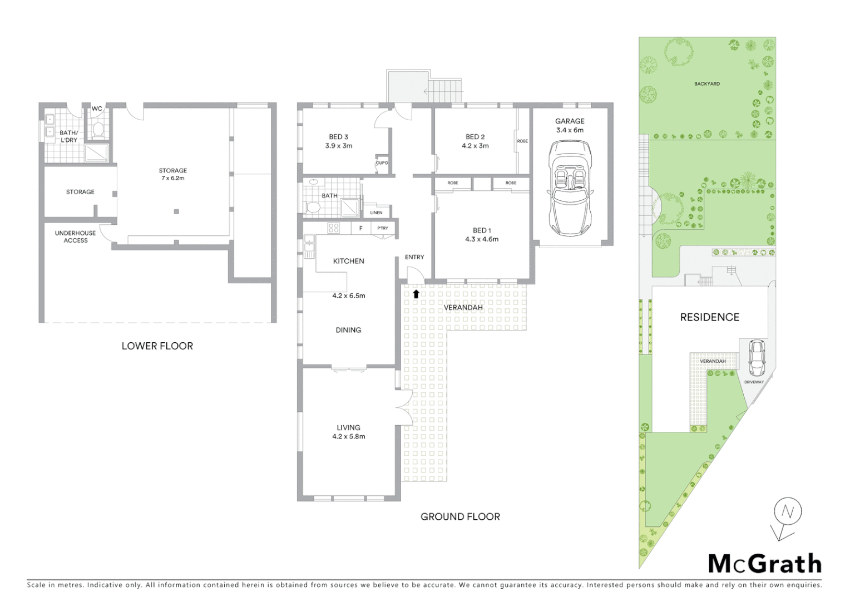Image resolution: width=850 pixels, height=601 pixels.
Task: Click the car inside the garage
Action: click(570, 189)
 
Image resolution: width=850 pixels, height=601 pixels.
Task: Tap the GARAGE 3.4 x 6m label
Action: click(570, 125)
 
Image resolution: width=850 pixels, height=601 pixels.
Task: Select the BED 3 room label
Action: click(338, 141)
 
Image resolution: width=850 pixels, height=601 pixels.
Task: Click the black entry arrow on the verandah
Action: click(416, 294)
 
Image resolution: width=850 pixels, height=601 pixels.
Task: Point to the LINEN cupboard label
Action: click(376, 213)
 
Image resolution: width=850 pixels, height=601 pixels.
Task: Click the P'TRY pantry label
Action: click(382, 228)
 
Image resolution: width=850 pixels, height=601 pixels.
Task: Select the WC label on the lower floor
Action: click(97, 109)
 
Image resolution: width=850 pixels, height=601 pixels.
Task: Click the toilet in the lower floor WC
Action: click(98, 130)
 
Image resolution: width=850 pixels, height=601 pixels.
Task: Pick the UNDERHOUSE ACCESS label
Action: click(76, 237)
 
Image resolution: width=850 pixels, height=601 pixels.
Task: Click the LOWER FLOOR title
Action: click(157, 346)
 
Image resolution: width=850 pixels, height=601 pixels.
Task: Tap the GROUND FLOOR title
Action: click(460, 516)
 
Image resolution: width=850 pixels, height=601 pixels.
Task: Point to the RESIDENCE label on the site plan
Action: click(709, 317)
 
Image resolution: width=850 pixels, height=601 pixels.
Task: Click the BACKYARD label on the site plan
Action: click(706, 84)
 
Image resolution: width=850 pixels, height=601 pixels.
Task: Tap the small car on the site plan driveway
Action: click(756, 357)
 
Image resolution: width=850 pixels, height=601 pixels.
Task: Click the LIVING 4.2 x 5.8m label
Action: click(348, 432)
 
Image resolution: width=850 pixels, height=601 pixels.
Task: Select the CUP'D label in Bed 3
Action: click(382, 163)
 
